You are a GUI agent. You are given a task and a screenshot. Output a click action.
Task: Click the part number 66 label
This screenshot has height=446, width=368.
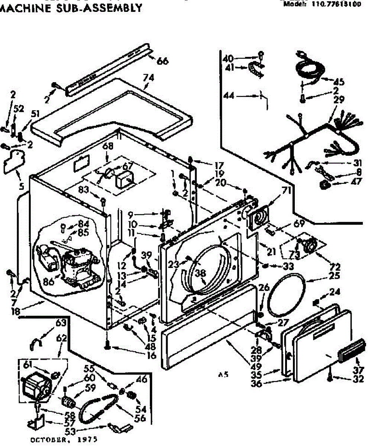click(162, 61)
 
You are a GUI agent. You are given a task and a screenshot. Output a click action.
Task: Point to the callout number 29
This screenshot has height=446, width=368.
click(339, 100)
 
